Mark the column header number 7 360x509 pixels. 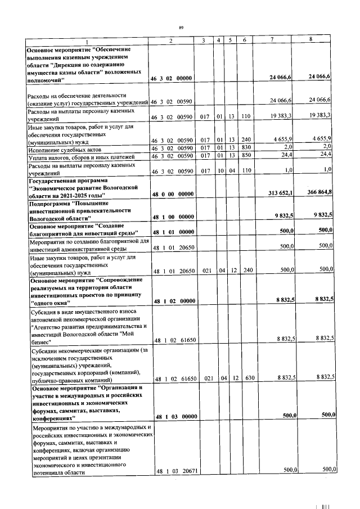[272, 41]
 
